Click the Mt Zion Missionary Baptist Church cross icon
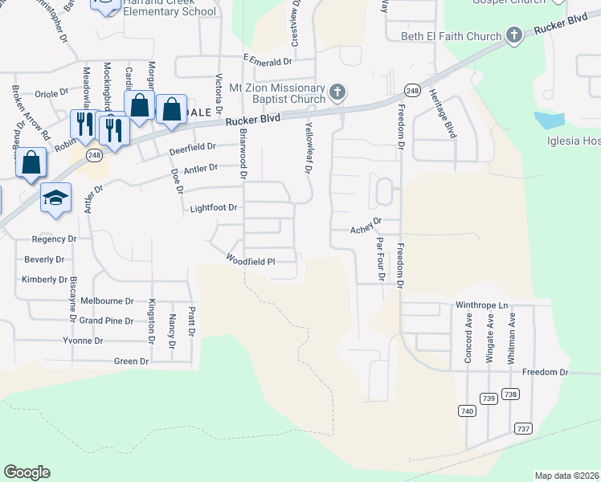pyautogui.click(x=337, y=92)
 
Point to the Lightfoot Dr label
pyautogui.click(x=214, y=208)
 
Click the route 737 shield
pyautogui.click(x=524, y=429)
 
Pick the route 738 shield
pyautogui.click(x=510, y=394)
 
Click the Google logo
pyautogui.click(x=27, y=472)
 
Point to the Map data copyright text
pyautogui.click(x=567, y=476)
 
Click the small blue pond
pyautogui.click(x=550, y=120)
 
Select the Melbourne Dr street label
pyautogui.click(x=113, y=300)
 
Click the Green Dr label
pyautogui.click(x=132, y=361)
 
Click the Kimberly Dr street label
pyautogui.click(x=44, y=280)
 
